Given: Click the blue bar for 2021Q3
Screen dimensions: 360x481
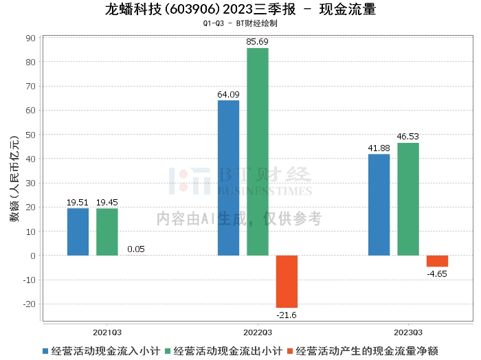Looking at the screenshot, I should tap(78, 232).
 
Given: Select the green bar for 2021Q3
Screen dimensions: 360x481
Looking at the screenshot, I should tap(107, 232).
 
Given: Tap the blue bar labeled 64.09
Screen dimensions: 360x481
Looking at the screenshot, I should tap(228, 178).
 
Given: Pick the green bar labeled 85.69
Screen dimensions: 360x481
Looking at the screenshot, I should tap(258, 152).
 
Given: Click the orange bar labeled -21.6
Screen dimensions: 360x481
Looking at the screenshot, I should tap(287, 282).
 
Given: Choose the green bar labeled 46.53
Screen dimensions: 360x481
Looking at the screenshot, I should tap(408, 199).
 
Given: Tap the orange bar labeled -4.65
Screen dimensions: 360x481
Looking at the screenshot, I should tap(437, 261).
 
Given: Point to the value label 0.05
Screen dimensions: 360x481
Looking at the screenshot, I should tap(136, 249).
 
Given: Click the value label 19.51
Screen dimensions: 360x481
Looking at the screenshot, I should tap(78, 203).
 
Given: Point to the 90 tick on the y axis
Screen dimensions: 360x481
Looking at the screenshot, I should tap(31, 38).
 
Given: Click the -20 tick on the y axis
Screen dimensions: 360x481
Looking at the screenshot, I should tap(30, 304).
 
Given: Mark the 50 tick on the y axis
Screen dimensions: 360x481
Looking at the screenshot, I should tap(31, 135).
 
